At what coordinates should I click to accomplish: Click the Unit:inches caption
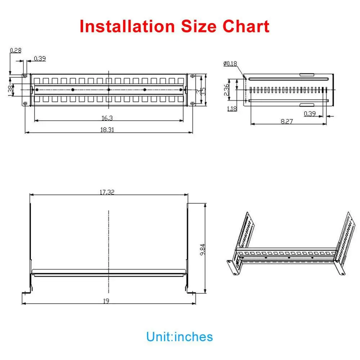pos(179,337)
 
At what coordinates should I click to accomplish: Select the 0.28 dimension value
pos(15,50)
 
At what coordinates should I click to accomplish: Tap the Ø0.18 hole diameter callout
pos(230,64)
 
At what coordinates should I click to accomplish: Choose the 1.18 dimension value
pos(232,108)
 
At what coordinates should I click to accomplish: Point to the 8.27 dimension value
pos(287,122)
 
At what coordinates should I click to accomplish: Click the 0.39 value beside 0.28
pos(40,59)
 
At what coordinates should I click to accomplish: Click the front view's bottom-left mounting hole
pos(25,103)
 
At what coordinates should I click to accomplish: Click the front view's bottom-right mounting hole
pos(193,103)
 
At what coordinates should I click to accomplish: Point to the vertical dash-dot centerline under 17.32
pos(108,234)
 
